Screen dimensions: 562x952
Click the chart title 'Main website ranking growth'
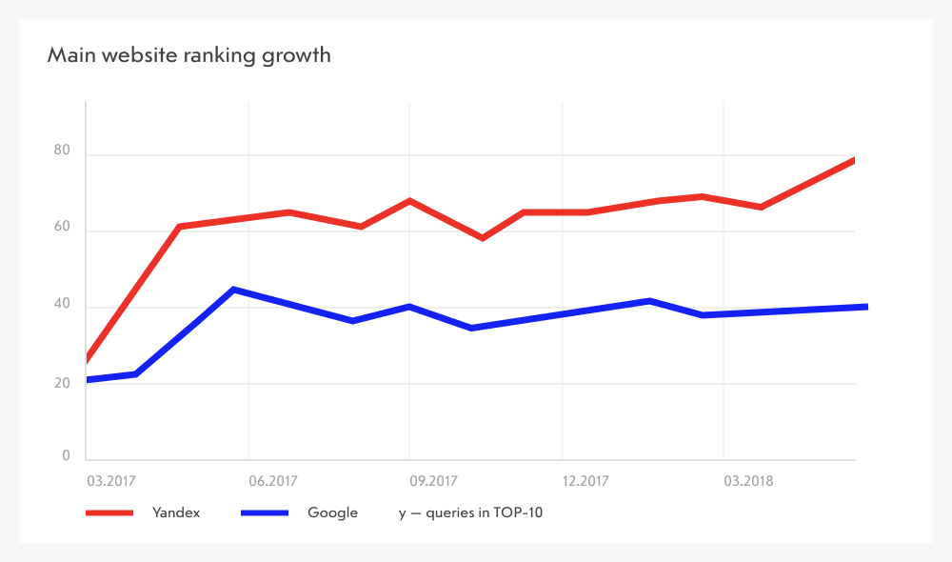click(188, 55)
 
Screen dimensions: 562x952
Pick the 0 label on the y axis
click(67, 456)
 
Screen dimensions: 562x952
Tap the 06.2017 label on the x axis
click(272, 481)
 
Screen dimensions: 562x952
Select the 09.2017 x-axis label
click(433, 481)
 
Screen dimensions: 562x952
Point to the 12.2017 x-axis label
click(586, 481)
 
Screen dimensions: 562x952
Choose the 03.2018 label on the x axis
click(748, 481)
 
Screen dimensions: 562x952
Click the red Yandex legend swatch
click(108, 513)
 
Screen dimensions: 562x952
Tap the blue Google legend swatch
click(265, 513)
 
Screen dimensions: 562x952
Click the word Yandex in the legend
click(176, 513)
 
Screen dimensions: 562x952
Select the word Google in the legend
click(332, 513)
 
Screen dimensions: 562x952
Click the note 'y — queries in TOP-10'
click(470, 513)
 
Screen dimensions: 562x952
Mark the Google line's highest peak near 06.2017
click(234, 289)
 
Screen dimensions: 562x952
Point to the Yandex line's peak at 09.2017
click(409, 201)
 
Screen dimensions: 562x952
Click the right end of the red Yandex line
click(854, 160)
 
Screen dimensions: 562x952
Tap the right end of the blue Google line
click(865, 307)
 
